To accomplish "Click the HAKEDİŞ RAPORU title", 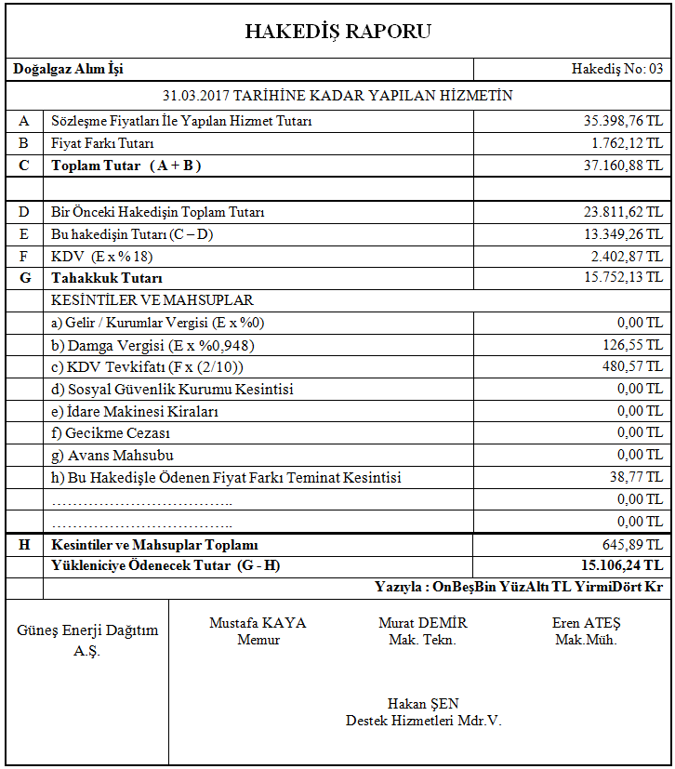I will tap(337, 32).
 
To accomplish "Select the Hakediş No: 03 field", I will tap(617, 69).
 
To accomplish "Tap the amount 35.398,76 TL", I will tap(623, 121).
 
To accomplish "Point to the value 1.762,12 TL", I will tap(627, 143).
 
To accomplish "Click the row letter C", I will tap(24, 166).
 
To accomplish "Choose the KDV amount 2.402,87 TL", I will tap(627, 256).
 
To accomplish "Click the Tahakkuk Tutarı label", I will tap(107, 278).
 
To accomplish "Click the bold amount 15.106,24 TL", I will tap(621, 565).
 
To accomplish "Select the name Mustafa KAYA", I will tap(258, 623).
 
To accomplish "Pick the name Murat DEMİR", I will tap(422, 623).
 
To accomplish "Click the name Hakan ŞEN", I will tap(423, 704).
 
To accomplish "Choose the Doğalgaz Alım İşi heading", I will tap(69, 69).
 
